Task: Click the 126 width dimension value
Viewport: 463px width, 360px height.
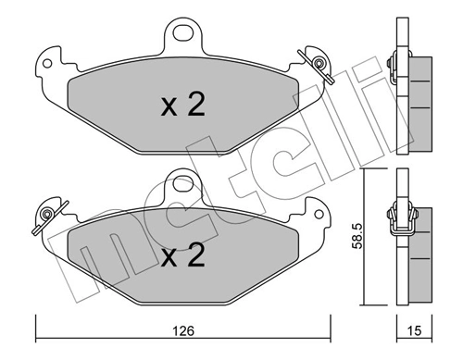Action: tap(183, 330)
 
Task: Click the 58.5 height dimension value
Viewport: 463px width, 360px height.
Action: tap(357, 237)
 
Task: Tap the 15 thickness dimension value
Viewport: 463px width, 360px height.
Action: tap(414, 330)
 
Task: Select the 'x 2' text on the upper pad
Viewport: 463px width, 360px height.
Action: tap(182, 105)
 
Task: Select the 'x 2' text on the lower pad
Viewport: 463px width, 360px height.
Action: tap(182, 254)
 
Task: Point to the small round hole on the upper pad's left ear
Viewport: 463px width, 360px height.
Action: tap(47, 64)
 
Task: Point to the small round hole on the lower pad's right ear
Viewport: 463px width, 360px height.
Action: tap(319, 215)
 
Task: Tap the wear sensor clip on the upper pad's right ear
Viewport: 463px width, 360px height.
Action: tap(317, 65)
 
